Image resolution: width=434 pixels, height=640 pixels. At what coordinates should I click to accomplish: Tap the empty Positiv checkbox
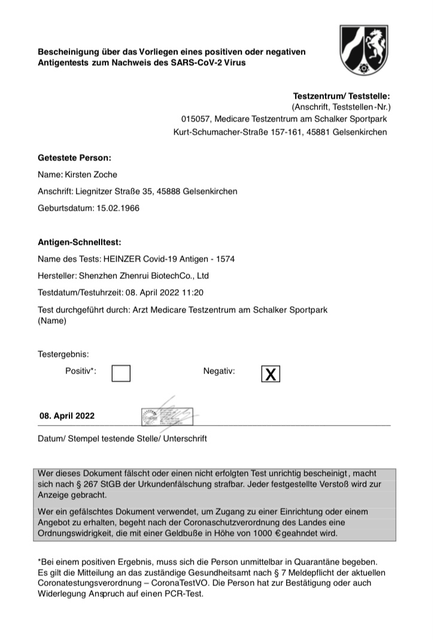coord(121,373)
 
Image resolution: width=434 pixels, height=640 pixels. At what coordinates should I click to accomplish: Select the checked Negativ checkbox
coord(271,374)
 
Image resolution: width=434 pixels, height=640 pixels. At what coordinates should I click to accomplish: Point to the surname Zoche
coord(105,175)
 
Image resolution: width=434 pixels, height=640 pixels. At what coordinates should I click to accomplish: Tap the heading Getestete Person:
coord(74,158)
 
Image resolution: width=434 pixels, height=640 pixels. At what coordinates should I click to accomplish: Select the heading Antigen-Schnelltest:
coord(79,242)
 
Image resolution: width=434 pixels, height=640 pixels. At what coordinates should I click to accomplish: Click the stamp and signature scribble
coord(166,413)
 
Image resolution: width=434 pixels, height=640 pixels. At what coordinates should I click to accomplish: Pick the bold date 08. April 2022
coord(67,415)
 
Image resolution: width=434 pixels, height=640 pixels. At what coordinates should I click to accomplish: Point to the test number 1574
coord(224,259)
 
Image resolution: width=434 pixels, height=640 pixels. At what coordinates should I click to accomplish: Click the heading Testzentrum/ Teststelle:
coord(341,96)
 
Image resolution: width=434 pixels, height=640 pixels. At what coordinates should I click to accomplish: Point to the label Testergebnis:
coord(63,354)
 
